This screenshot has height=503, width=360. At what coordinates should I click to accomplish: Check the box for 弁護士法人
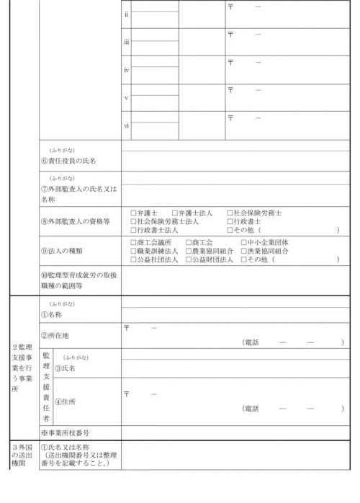point(175,213)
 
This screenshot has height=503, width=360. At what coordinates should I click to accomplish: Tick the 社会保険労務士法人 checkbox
point(133,221)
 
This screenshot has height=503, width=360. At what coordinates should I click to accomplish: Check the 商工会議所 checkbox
point(133,243)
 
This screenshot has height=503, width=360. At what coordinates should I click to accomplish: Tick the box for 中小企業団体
point(243,243)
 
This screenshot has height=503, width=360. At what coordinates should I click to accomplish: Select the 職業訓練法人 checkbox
point(133,251)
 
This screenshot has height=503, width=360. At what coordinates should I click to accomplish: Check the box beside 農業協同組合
point(189,251)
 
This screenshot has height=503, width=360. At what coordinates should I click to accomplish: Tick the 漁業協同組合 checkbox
point(243,251)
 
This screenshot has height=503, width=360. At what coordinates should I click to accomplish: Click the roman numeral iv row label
point(126,70)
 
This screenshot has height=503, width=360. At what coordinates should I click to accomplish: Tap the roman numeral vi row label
point(126,125)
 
